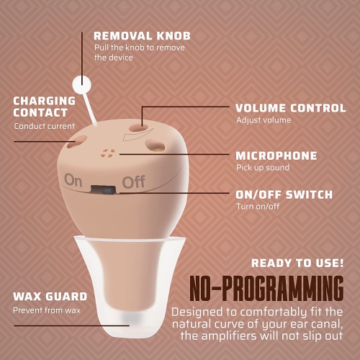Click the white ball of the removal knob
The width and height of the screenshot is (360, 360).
[x=81, y=84]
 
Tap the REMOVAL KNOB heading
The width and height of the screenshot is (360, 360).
[x=142, y=36]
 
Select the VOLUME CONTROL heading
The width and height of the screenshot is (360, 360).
[x=291, y=108]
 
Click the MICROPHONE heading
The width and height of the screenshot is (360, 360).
[x=276, y=156]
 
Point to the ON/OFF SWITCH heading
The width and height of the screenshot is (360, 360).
[x=284, y=194]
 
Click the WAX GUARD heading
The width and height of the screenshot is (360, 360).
[x=50, y=297]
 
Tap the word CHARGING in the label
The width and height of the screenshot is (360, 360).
[x=45, y=101]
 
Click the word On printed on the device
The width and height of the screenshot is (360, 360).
[x=73, y=180]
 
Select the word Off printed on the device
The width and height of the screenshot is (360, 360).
[x=133, y=182]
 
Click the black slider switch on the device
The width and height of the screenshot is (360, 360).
[x=103, y=189]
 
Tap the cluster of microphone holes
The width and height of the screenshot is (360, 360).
[x=108, y=153]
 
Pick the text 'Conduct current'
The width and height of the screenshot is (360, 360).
[x=45, y=126]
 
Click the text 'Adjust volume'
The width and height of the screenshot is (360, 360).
[x=264, y=120]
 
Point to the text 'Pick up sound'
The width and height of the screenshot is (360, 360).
[x=263, y=168]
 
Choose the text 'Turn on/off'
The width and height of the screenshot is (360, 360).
[x=258, y=207]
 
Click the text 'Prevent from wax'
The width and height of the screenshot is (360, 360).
[x=47, y=310]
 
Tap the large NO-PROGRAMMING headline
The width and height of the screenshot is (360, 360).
[x=266, y=288]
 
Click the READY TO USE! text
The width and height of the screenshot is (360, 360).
[x=297, y=264]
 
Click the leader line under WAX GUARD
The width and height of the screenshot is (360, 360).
[x=72, y=325]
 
